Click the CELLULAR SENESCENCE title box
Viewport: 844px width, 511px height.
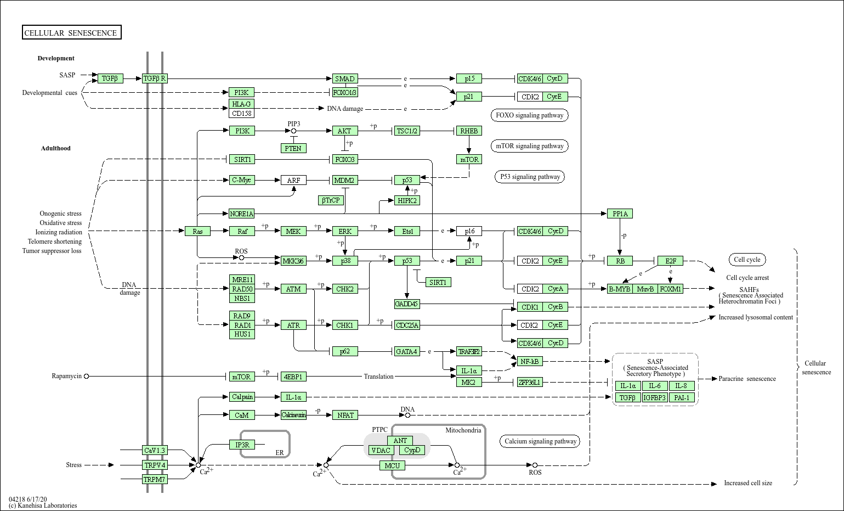pos(72,32)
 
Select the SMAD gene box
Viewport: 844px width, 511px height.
pos(345,78)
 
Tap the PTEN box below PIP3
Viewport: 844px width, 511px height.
pos(293,148)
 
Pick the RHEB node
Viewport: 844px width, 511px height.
pos(469,131)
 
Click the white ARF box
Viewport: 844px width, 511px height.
pos(293,180)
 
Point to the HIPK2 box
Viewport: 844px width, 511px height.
pos(407,201)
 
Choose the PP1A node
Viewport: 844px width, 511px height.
pos(620,214)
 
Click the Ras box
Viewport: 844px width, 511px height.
pos(197,231)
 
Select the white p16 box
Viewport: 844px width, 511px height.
pos(469,231)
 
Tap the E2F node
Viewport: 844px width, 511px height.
pos(670,261)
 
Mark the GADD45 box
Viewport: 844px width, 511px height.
pos(407,304)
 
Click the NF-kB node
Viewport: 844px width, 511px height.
pos(529,361)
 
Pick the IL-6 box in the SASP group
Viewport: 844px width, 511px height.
pos(655,386)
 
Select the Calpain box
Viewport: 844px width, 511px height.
pos(242,397)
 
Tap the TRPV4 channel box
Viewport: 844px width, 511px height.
pos(155,465)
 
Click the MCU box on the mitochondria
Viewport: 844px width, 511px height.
pos(392,466)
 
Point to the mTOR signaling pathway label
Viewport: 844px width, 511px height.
pos(529,146)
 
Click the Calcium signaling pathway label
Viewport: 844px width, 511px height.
pos(540,441)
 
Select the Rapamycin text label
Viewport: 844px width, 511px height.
pos(67,376)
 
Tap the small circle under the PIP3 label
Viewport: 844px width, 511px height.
pos(293,131)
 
